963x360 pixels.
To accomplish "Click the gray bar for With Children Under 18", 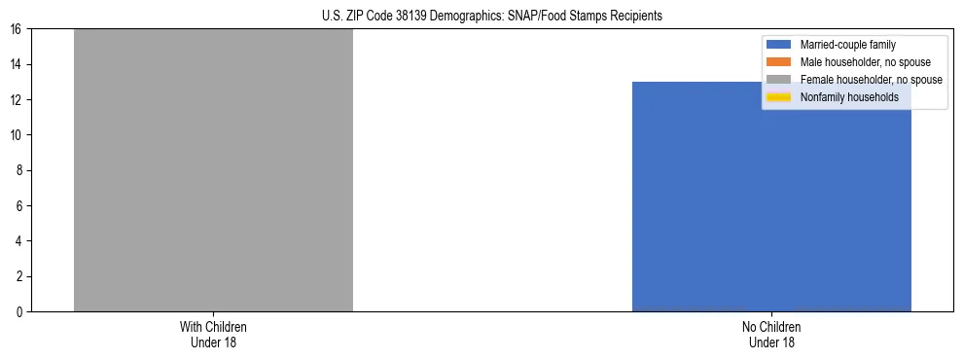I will point(213,170).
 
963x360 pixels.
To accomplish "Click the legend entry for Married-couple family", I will point(847,45).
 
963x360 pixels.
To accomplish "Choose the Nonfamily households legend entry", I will point(842,97).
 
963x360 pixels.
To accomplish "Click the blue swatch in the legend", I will point(779,45).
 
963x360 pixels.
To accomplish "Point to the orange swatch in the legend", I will point(779,62).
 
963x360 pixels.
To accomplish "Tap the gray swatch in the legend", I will point(779,80).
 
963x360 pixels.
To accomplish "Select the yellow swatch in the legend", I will point(779,97).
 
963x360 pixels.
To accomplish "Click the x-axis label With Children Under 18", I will point(213,334).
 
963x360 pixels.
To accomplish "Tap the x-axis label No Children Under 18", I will point(771,334).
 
